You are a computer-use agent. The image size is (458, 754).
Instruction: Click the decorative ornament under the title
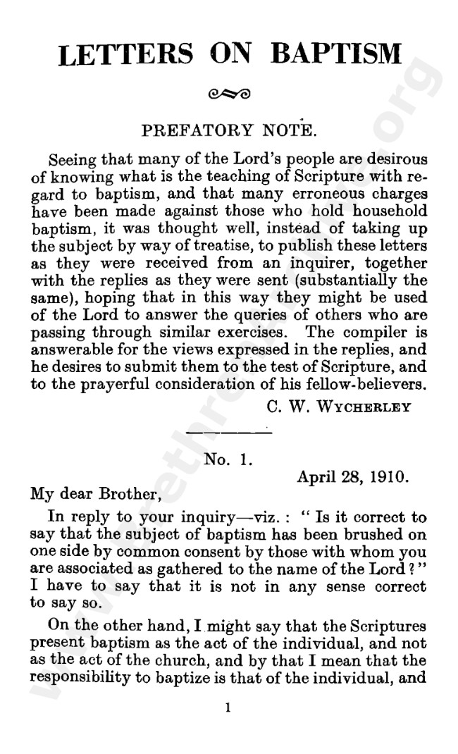pos(229,92)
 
